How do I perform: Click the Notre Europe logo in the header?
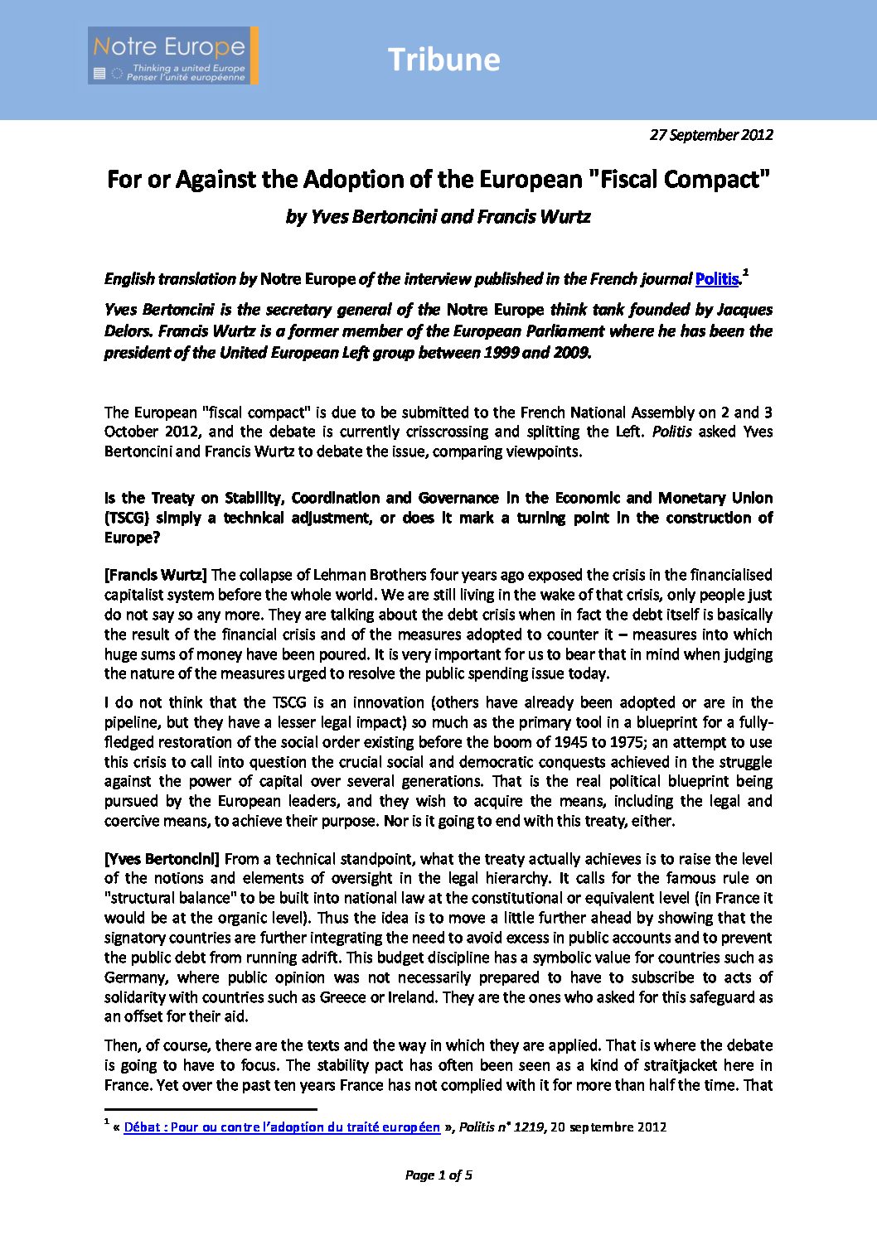pos(173,55)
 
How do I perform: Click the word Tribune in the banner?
pos(443,60)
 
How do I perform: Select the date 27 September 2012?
pos(711,135)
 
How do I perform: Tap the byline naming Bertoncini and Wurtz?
pos(438,217)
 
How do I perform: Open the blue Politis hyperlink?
pos(716,279)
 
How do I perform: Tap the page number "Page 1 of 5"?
pos(438,1175)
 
